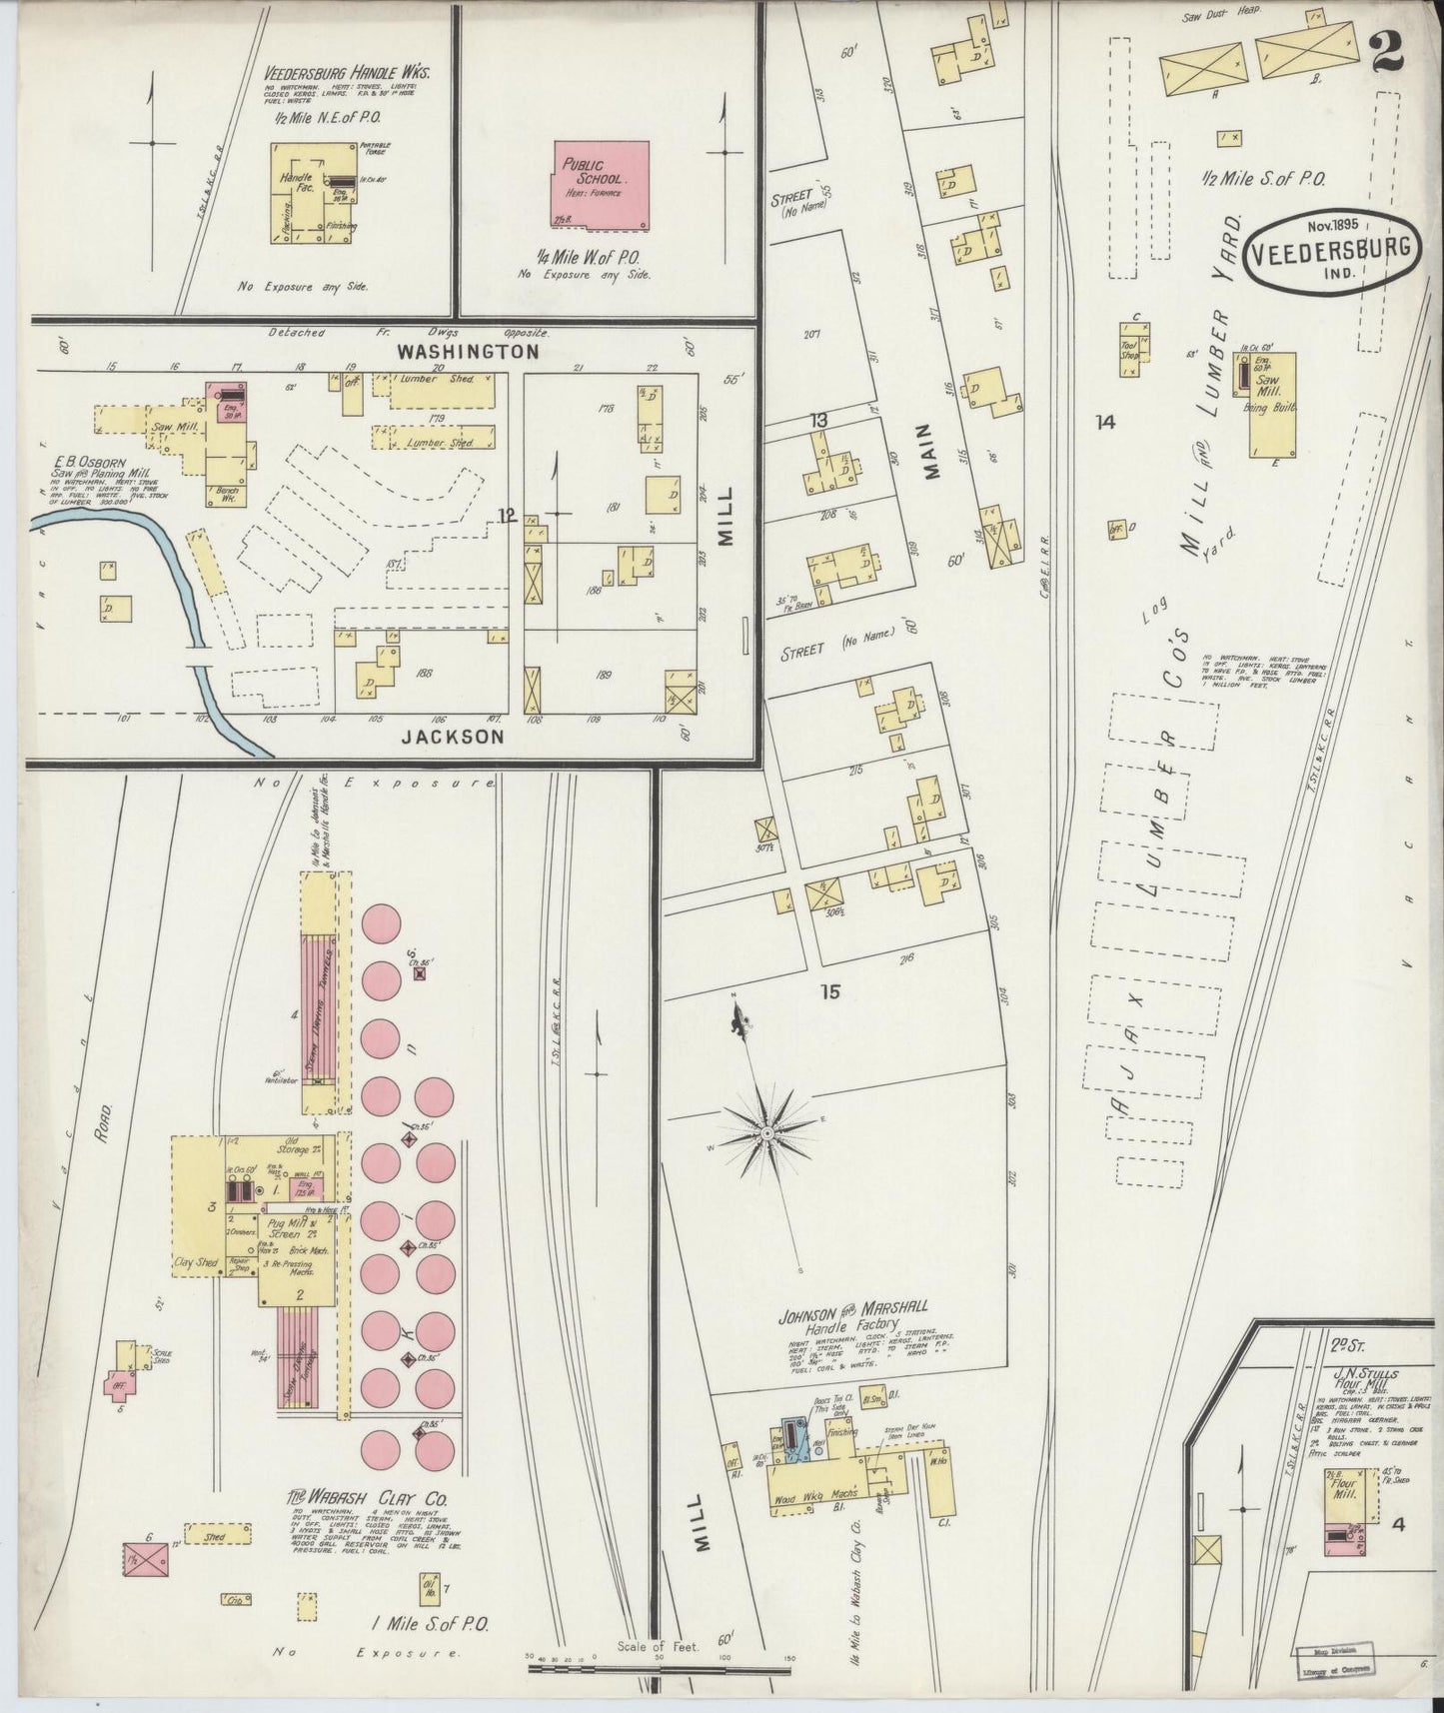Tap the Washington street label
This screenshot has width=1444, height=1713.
coord(467,352)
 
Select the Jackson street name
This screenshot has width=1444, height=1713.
coord(453,737)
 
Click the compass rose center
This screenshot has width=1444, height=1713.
coord(766,1133)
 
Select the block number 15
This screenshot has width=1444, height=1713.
coord(829,992)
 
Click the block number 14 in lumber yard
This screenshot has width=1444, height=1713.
coord(1103,423)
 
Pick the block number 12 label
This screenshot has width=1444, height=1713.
coord(507,515)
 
